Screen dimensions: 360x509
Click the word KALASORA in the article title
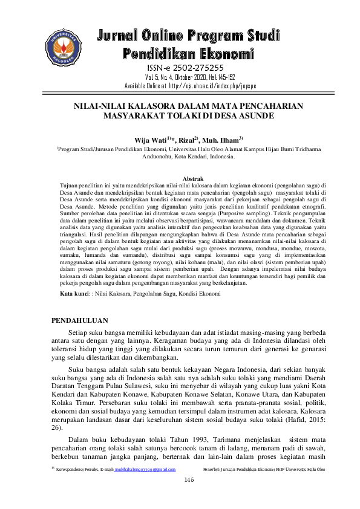pyautogui.click(x=157, y=105)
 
